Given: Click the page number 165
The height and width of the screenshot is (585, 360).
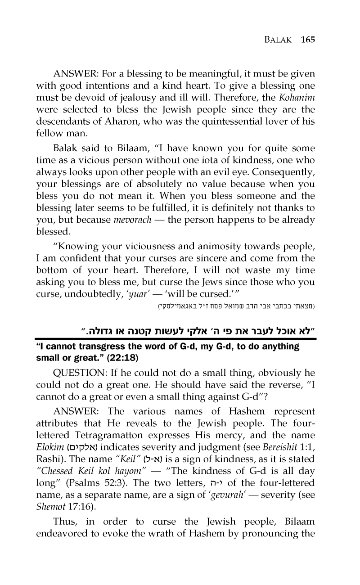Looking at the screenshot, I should click(x=307, y=39).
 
